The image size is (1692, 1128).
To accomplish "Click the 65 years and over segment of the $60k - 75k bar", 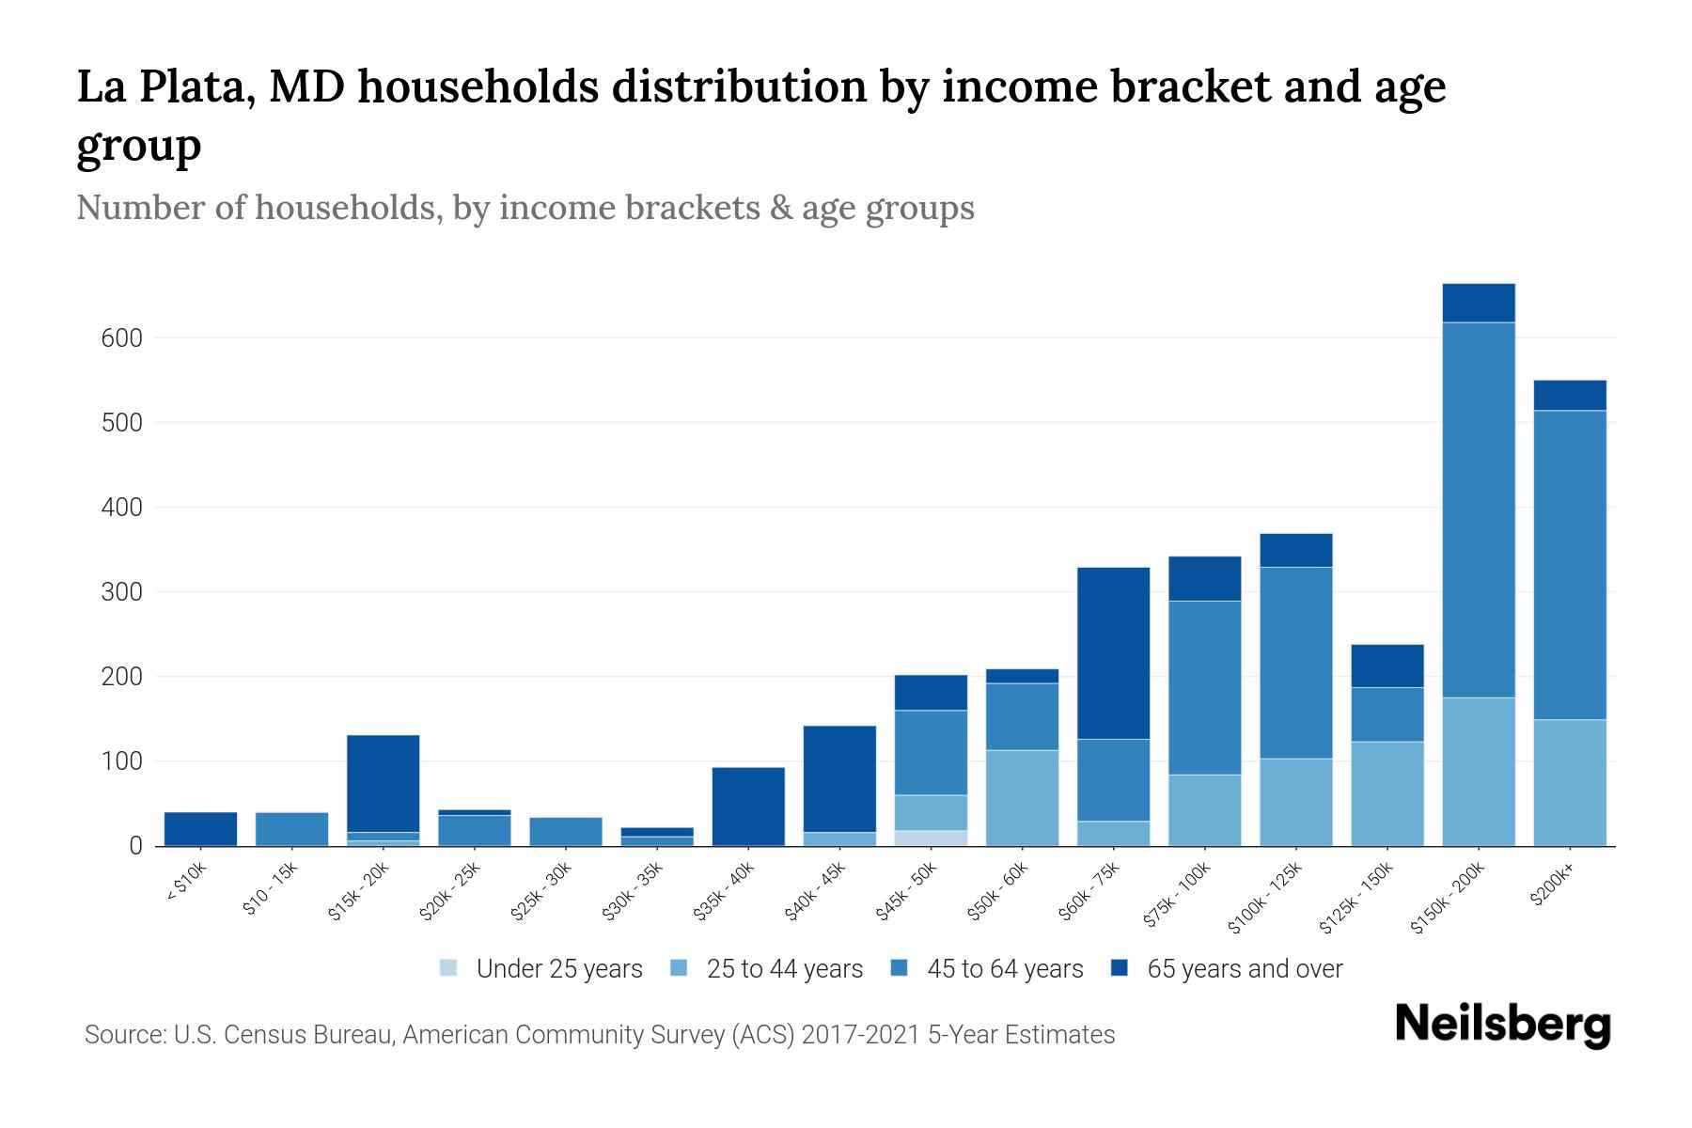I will pos(1113,652).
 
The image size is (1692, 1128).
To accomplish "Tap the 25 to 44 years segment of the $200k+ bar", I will pos(1570,782).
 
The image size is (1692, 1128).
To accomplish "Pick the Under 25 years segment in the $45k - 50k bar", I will pos(931,838).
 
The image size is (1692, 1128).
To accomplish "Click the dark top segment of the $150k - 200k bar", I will pos(1479,303).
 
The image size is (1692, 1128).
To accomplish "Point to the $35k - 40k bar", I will pos(748,807).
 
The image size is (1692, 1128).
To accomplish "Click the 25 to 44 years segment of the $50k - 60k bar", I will pos(1022,797).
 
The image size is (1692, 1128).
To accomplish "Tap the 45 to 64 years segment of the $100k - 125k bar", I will pos(1295,662).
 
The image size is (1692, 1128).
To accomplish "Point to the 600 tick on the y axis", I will pos(121,338).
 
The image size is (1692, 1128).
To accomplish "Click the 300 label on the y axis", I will pos(121,592).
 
